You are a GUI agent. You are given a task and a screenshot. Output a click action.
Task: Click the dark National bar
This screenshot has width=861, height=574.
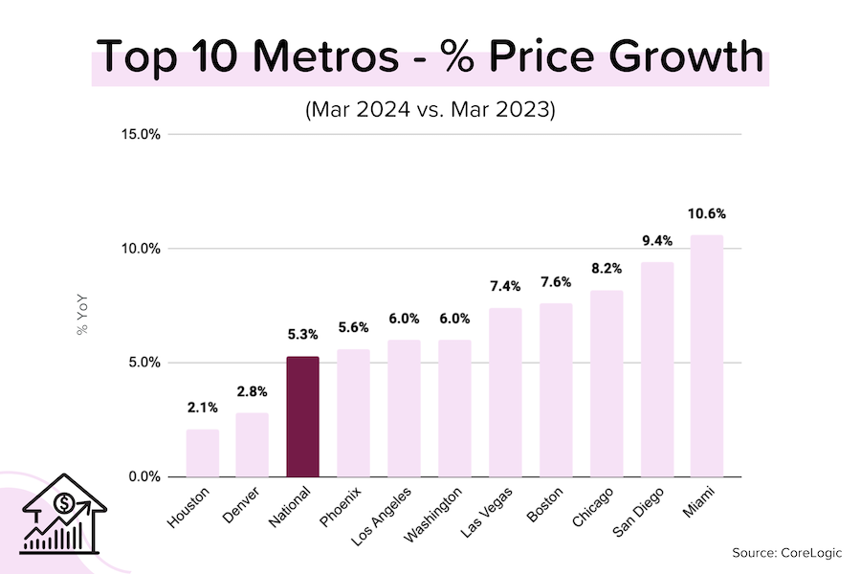click(302, 417)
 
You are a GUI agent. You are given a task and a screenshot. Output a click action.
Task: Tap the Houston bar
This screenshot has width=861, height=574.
click(202, 453)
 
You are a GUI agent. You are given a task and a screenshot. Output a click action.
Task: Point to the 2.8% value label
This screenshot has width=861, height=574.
click(253, 391)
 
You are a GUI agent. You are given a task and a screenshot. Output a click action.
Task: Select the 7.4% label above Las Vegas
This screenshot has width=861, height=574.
click(505, 286)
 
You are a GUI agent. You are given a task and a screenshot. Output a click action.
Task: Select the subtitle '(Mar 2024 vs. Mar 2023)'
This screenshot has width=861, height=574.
click(430, 108)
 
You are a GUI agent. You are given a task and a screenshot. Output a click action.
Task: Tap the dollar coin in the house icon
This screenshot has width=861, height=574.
click(64, 503)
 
